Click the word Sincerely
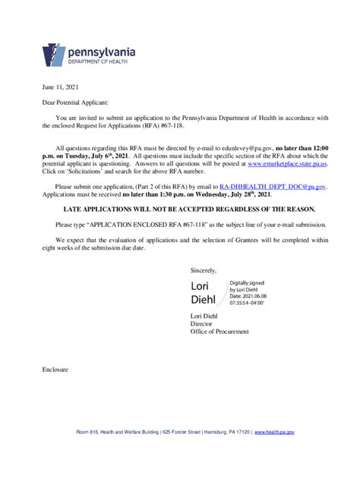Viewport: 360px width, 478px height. [204, 269]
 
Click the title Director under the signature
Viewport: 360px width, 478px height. [201, 323]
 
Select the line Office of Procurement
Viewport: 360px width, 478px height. [219, 331]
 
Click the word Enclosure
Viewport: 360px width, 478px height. [55, 370]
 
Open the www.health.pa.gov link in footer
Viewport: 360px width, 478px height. [274, 432]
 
